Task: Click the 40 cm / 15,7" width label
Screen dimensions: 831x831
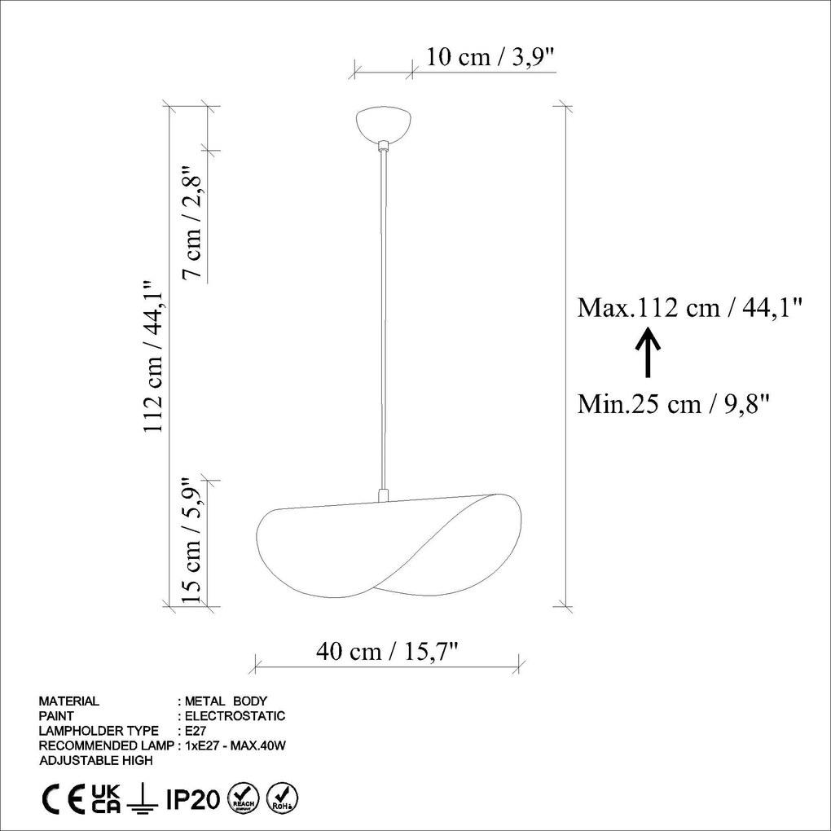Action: (387, 652)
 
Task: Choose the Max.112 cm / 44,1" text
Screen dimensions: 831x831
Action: (690, 307)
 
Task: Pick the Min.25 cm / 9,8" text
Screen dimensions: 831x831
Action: (674, 402)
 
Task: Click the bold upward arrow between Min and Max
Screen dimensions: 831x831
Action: (648, 352)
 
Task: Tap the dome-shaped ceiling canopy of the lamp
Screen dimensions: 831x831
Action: (384, 124)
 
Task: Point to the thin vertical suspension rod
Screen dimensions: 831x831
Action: (383, 318)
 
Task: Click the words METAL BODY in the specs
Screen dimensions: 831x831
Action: (226, 701)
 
